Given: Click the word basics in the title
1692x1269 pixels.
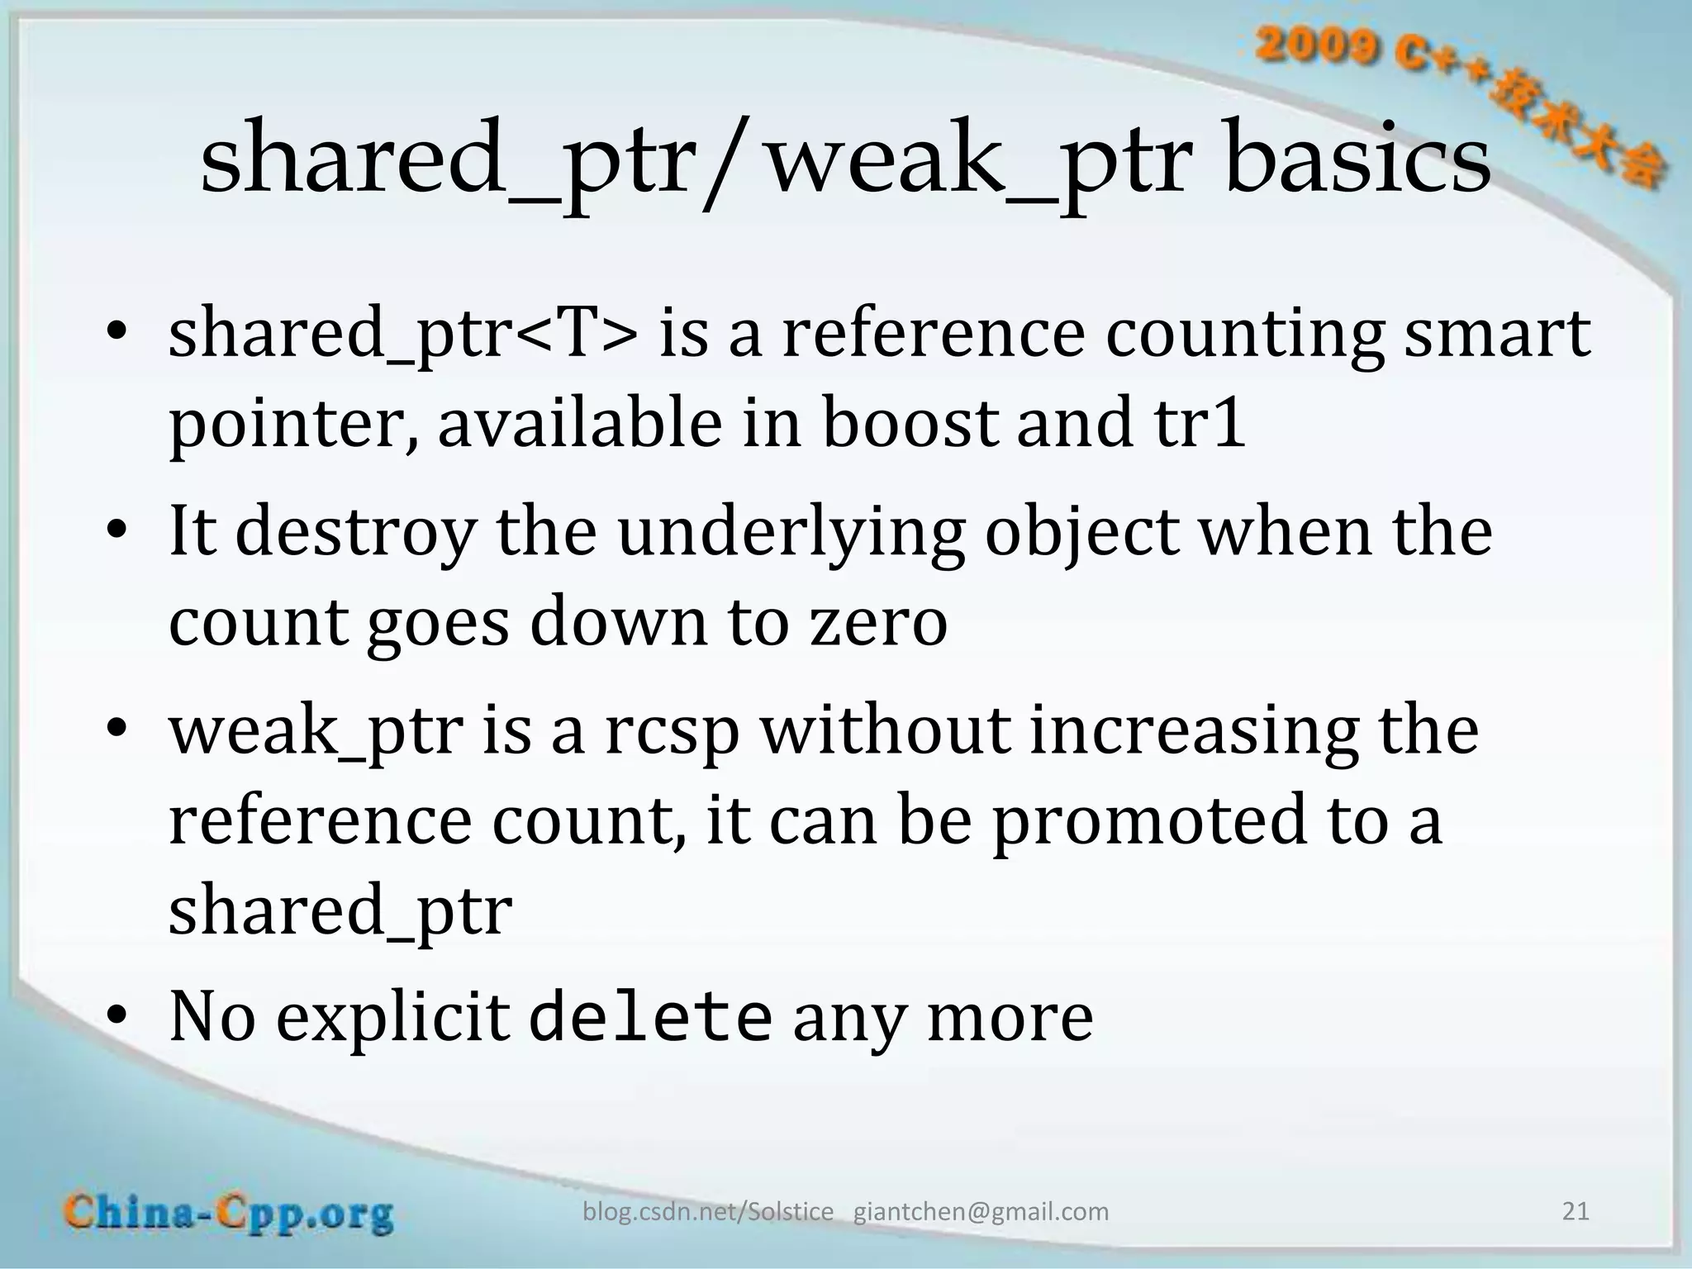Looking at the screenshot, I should (1359, 159).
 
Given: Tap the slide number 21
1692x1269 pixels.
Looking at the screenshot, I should (1576, 1211).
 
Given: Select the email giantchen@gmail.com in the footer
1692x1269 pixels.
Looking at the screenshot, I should (981, 1212).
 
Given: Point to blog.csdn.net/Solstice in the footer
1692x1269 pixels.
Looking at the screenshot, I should (708, 1212).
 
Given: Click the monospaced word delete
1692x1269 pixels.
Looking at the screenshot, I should (650, 1017).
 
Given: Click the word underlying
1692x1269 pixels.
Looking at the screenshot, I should (791, 532).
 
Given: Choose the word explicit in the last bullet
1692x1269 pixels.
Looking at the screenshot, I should (392, 1017).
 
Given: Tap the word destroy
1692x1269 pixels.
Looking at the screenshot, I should (355, 532).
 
